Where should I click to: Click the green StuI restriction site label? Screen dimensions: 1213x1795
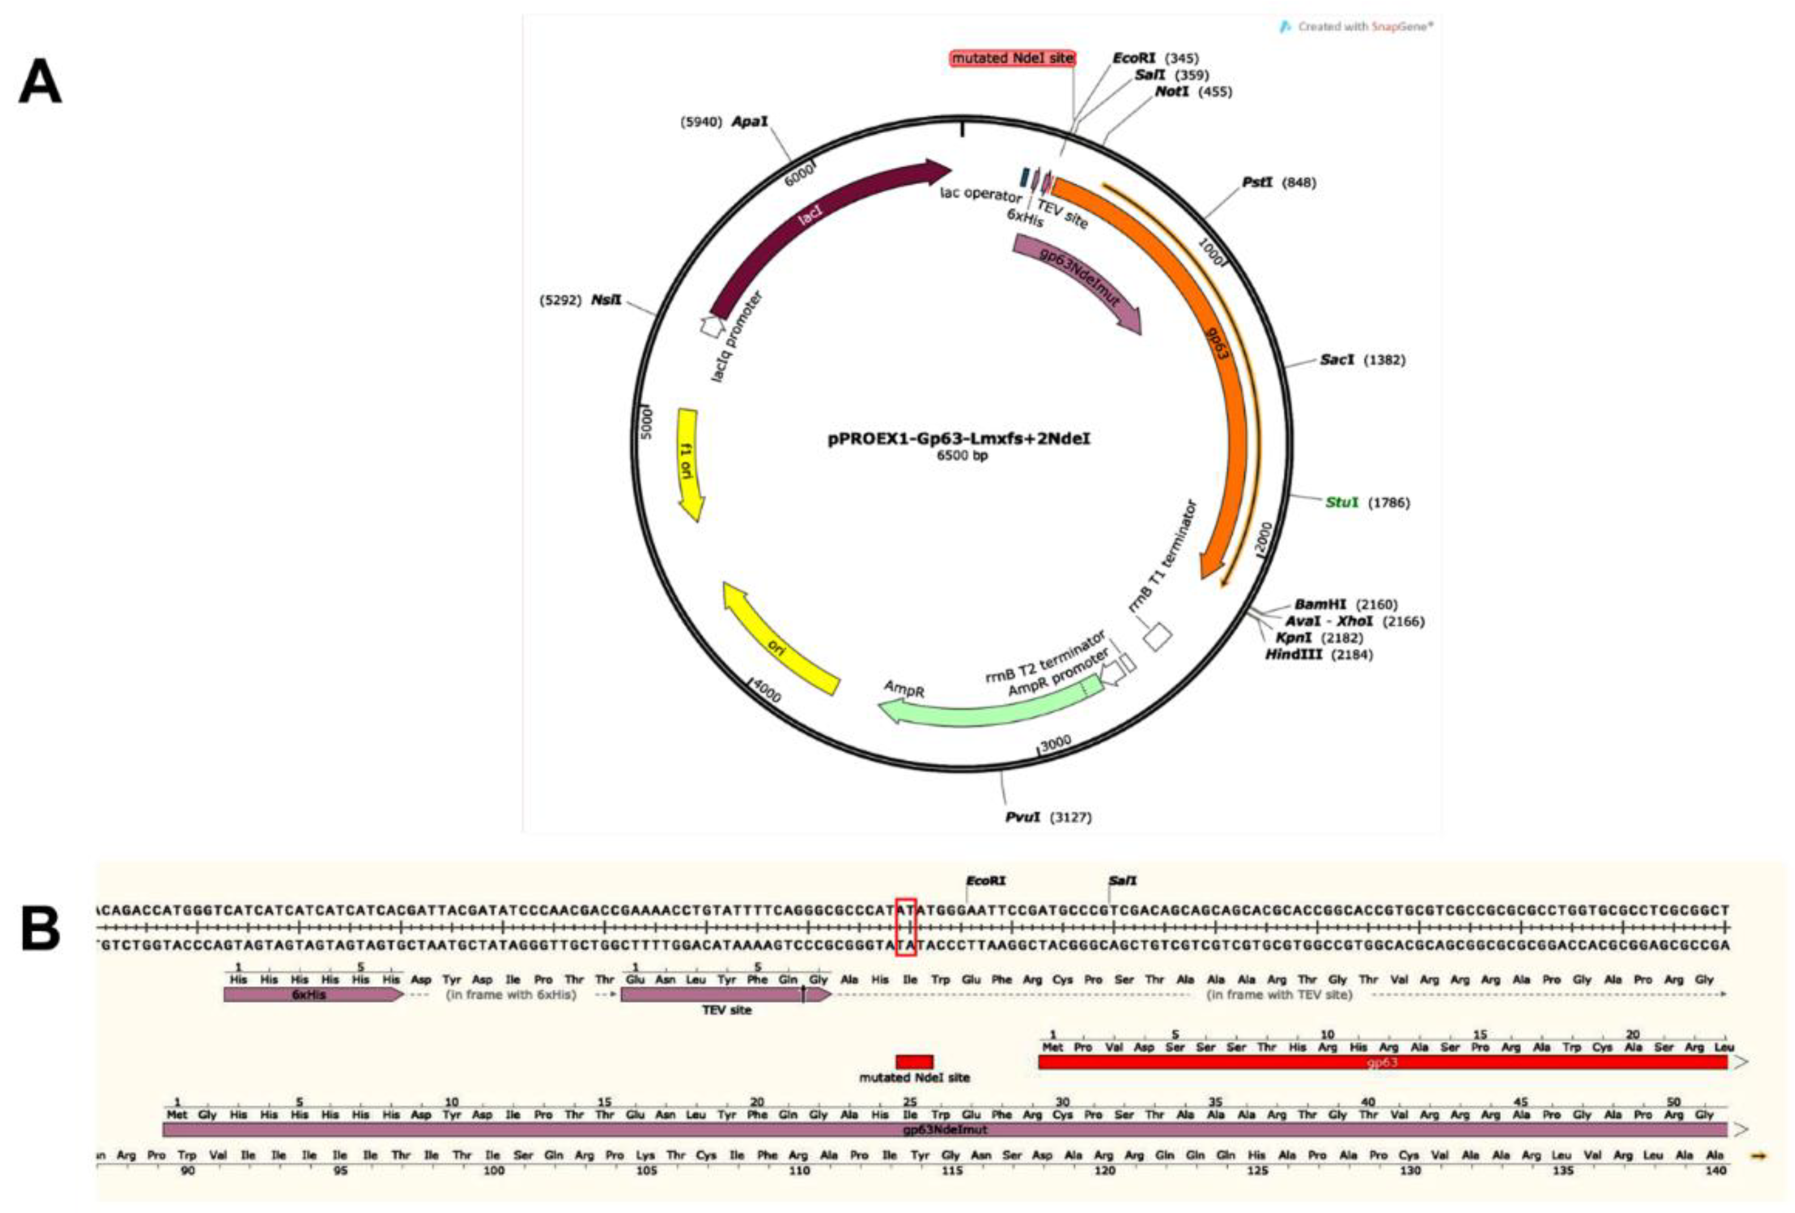pos(1342,503)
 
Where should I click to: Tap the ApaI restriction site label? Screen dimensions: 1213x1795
pos(749,122)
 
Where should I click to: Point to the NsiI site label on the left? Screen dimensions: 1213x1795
pos(606,300)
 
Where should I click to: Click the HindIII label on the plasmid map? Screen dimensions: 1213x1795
pos(1293,655)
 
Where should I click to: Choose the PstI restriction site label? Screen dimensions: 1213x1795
pos(1257,183)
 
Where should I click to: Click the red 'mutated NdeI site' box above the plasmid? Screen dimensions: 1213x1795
pos(1012,58)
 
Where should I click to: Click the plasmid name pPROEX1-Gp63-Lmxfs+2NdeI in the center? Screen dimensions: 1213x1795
pos(959,439)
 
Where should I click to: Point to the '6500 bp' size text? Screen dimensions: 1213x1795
pos(962,456)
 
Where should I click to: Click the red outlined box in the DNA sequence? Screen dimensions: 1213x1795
pos(905,927)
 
